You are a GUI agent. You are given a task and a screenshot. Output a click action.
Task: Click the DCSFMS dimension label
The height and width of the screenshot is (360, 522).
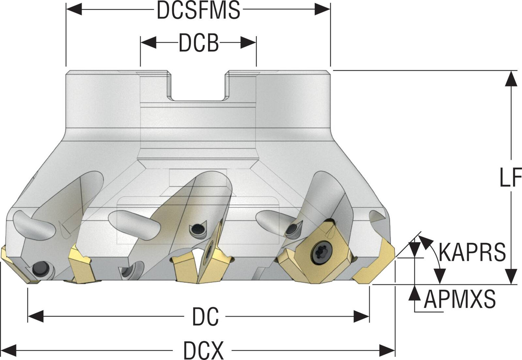198,10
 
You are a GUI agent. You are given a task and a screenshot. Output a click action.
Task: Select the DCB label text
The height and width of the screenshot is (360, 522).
198,43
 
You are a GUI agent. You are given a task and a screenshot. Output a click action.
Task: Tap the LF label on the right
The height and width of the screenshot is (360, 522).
510,177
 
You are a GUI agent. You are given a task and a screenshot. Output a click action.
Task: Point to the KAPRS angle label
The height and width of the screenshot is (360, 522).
472,252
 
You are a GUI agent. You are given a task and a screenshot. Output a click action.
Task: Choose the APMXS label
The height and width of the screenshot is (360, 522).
459,299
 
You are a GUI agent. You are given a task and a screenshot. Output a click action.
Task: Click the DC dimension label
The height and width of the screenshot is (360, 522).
205,316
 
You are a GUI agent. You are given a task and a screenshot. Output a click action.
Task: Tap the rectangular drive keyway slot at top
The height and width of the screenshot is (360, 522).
197,85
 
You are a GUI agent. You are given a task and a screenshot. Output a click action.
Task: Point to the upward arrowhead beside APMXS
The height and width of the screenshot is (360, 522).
415,292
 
